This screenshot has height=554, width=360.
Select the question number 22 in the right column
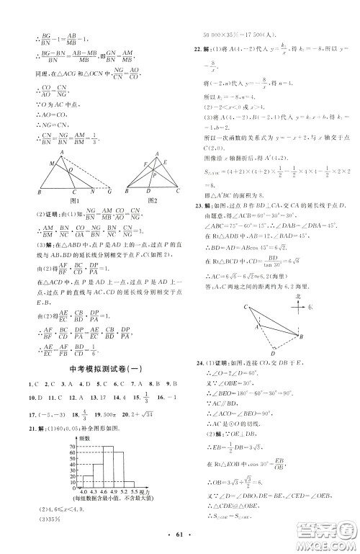point(189,48)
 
